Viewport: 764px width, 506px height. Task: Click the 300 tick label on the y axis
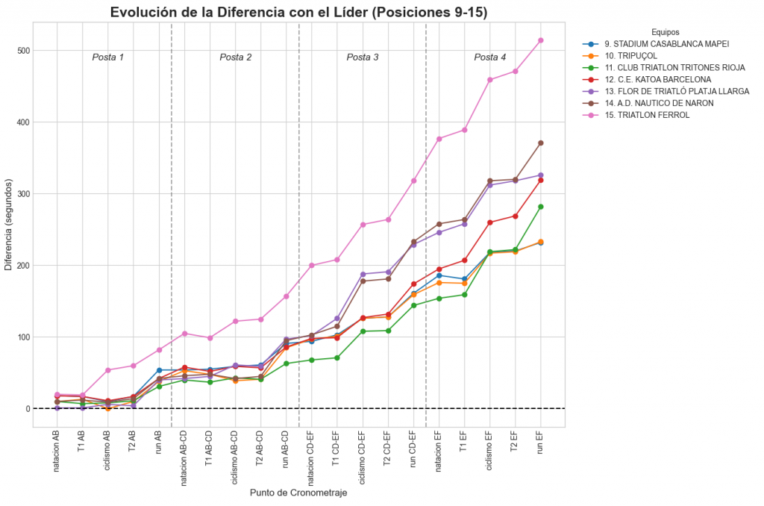click(x=21, y=194)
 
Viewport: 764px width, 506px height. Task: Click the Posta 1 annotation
click(x=108, y=57)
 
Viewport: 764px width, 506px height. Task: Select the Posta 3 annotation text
click(x=363, y=57)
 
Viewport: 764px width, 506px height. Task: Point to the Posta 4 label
click(x=490, y=57)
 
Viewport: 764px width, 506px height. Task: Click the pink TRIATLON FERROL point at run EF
click(x=540, y=40)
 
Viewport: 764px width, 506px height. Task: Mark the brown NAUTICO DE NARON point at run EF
click(x=540, y=143)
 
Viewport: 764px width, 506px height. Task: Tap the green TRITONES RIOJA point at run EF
click(x=540, y=207)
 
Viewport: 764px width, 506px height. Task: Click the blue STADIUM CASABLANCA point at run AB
click(x=159, y=370)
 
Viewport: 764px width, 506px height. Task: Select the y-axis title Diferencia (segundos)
click(x=8, y=224)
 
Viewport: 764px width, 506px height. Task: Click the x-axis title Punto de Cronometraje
click(x=298, y=493)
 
